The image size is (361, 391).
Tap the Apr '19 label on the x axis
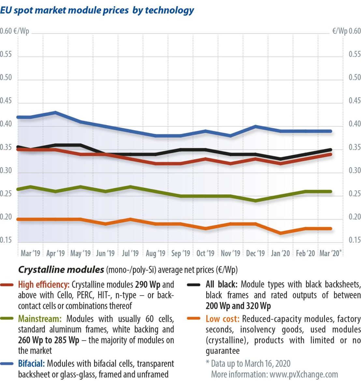coord(55,253)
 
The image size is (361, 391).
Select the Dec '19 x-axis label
coord(255,253)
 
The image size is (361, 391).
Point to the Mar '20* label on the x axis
coord(330,253)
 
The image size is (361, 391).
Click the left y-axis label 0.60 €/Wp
coord(15,31)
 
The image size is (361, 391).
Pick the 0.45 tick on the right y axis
coord(354,101)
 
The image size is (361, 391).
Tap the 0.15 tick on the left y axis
coord(6,240)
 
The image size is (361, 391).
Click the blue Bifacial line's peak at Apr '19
coord(55,112)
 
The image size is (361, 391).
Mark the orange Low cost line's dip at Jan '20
coord(281,233)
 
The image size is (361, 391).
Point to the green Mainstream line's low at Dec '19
coord(255,201)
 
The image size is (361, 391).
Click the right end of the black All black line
coord(331,150)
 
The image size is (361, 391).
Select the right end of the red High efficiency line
coord(331,154)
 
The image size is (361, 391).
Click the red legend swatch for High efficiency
coord(7,285)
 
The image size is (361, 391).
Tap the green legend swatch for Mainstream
coord(7,319)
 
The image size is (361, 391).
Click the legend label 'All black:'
coord(222,284)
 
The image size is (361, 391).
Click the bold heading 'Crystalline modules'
coord(61,270)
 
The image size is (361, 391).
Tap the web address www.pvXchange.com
coord(304,374)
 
